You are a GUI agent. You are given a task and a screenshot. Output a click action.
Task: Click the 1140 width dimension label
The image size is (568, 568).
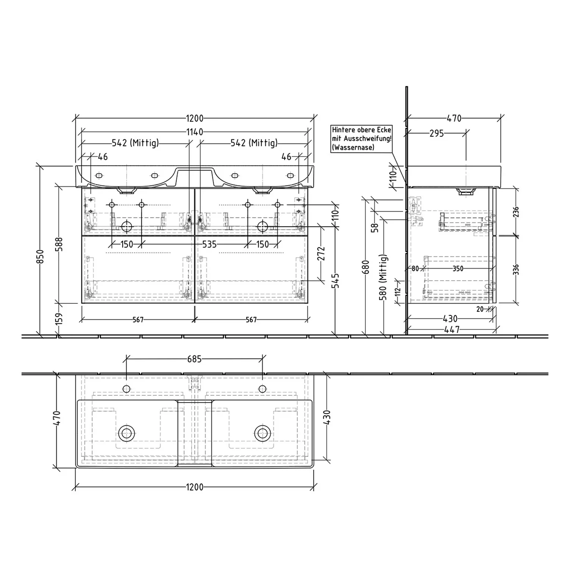tap(195, 132)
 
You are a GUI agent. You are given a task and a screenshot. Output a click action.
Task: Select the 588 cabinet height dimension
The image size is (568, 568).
tap(59, 244)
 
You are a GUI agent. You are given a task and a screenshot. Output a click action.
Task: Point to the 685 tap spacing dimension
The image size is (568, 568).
tap(194, 359)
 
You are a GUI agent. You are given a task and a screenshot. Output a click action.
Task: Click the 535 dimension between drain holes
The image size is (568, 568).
tap(209, 245)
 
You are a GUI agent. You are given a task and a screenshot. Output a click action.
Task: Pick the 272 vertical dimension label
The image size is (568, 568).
tap(321, 254)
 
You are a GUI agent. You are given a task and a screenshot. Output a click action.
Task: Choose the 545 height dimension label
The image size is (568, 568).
tap(335, 281)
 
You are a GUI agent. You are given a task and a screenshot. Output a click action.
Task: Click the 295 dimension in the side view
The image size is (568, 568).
tap(437, 133)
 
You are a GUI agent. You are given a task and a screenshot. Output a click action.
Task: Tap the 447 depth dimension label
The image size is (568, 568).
tap(452, 330)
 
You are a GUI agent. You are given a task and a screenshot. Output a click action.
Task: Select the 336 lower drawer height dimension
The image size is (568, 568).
tap(516, 270)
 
